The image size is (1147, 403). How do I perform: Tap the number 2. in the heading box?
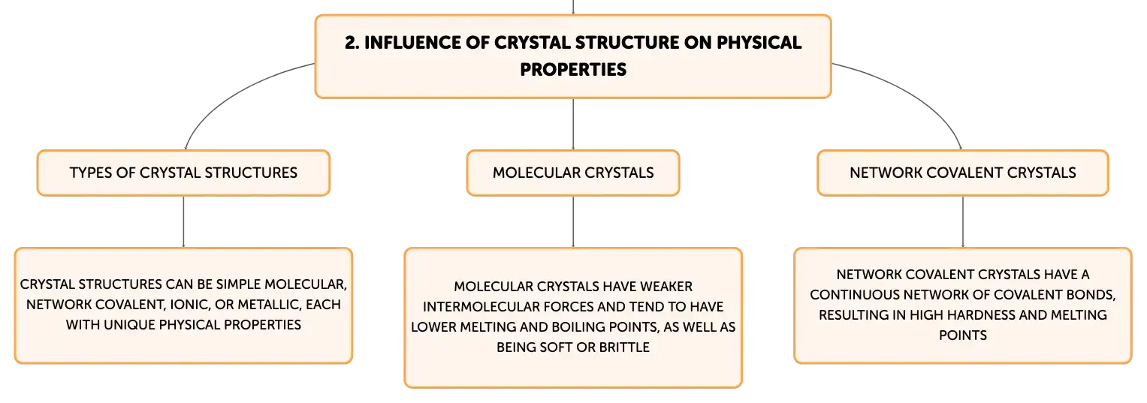(352, 43)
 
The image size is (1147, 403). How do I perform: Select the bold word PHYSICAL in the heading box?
(759, 43)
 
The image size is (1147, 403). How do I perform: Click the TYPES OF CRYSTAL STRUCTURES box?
(183, 173)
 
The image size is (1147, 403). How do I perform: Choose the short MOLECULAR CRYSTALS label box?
(573, 173)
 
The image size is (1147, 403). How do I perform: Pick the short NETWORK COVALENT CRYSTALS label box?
(963, 173)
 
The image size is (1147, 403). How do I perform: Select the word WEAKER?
(666, 287)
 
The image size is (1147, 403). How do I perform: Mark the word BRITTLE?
(624, 347)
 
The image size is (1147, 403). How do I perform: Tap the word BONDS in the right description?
(1091, 295)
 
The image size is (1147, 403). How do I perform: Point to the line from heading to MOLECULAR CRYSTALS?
(573, 124)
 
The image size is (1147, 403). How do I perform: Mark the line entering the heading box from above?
(573, 8)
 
